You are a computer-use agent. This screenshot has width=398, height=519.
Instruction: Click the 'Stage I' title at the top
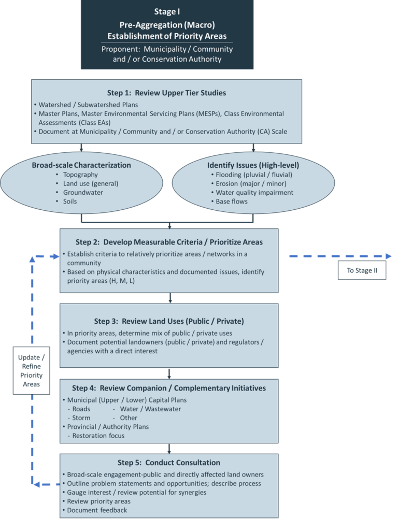tap(167, 11)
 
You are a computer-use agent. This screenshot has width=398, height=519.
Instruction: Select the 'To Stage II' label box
tap(362, 270)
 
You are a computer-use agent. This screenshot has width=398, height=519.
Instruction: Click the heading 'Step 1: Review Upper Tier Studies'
tap(166, 93)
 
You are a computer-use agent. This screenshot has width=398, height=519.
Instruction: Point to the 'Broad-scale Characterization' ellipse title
tap(81, 165)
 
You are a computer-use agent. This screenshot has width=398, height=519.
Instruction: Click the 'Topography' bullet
tap(80, 175)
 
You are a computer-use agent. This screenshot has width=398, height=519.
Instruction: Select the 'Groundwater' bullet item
tap(83, 193)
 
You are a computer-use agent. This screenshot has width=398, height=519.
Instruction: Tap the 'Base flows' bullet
tap(232, 201)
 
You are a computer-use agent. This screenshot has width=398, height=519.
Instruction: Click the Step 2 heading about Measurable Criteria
tap(169, 242)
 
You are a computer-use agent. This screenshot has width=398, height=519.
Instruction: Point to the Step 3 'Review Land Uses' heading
tap(169, 321)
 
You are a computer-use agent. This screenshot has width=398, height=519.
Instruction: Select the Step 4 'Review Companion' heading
tap(169, 388)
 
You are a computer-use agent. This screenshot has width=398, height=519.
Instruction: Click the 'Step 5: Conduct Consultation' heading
tap(169, 463)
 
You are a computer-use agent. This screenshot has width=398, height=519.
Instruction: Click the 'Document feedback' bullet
tap(97, 510)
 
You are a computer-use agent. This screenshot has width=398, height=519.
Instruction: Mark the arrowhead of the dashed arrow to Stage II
tap(388, 256)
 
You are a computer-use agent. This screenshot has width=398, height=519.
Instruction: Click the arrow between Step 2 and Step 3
tap(170, 298)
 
